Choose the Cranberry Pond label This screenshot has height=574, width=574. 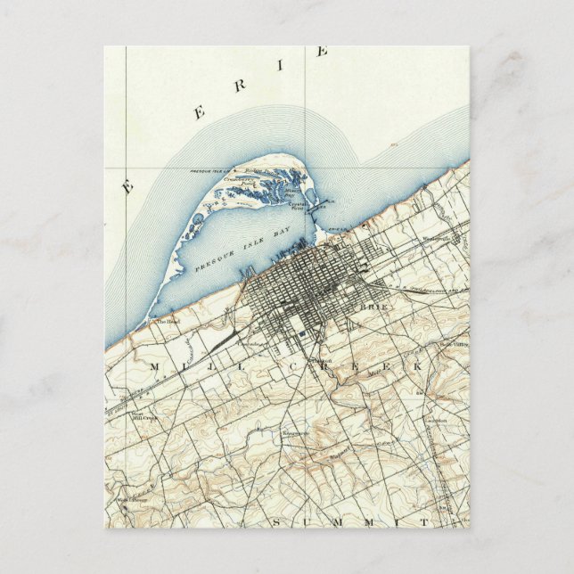pos(240,181)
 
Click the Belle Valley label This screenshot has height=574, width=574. pos(447,345)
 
